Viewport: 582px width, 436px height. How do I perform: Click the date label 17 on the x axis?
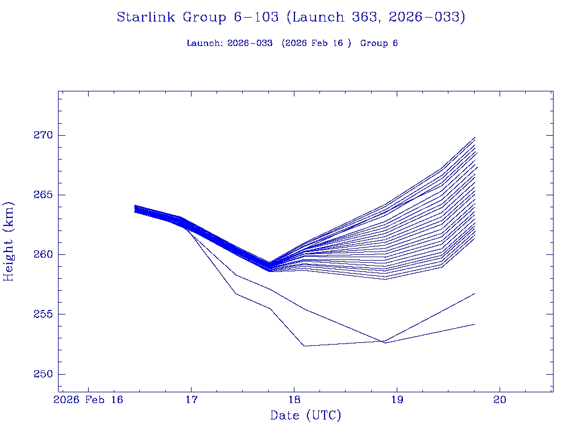pos(191,400)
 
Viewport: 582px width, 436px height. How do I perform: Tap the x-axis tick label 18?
pos(294,400)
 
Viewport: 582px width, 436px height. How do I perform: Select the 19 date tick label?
pos(397,400)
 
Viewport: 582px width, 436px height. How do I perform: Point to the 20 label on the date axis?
pos(500,400)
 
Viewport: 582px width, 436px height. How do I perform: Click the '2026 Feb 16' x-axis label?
pos(88,400)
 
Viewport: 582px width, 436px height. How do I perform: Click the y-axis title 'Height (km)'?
pos(9,241)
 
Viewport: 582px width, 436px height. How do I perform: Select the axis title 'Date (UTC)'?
pos(306,416)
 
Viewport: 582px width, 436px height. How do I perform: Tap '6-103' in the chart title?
pos(256,18)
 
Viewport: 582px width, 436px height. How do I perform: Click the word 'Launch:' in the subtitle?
pos(205,44)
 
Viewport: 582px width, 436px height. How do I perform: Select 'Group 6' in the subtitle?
pos(379,44)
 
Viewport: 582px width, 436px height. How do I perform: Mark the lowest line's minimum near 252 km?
pos(305,346)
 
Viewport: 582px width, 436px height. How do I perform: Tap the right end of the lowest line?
pos(475,324)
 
